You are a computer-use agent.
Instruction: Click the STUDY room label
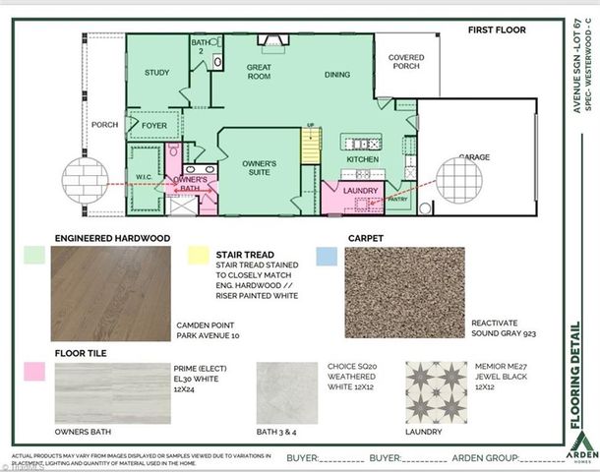(x=157, y=73)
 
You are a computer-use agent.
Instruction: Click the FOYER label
(x=154, y=126)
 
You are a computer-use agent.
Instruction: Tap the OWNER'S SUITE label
(x=260, y=169)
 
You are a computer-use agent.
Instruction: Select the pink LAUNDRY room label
(x=361, y=190)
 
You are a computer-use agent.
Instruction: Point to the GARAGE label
(x=475, y=157)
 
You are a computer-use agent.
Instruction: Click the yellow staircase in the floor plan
(x=311, y=147)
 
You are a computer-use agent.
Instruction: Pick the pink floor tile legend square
(x=31, y=371)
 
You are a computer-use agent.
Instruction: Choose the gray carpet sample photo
(x=403, y=292)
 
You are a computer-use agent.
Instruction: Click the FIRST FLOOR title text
(x=496, y=30)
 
